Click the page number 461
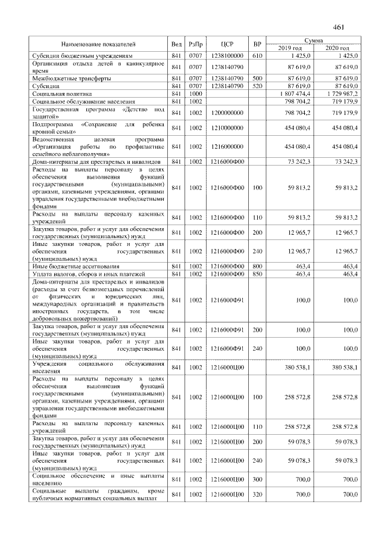pyautogui.click(x=339, y=27)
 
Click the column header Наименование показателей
pyautogui.click(x=98, y=44)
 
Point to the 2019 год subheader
pyautogui.click(x=290, y=48)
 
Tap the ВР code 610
pyautogui.click(x=257, y=55)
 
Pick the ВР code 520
pyautogui.click(x=257, y=86)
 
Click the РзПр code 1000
pyautogui.click(x=196, y=94)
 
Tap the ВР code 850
pyautogui.click(x=257, y=274)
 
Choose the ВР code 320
pyautogui.click(x=257, y=495)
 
